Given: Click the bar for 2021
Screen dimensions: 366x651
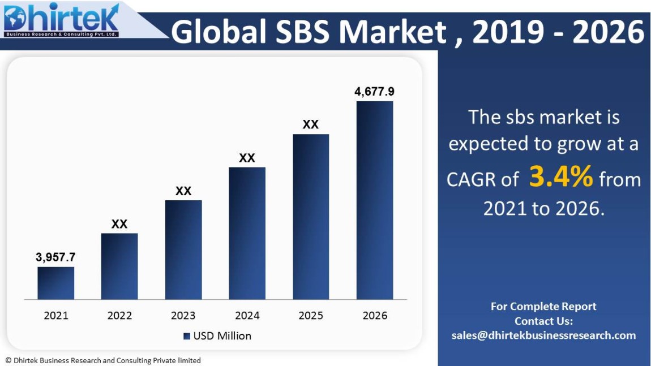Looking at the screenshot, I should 55,283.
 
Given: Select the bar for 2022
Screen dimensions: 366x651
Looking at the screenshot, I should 119,266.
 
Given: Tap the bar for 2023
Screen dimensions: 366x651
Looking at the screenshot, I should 183,249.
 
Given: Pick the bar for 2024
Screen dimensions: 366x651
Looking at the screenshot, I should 247,233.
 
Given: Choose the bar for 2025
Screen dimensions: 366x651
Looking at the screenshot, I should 311,217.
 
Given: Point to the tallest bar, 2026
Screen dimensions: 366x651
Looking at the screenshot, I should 374,200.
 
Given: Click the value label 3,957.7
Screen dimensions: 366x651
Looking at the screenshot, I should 55,257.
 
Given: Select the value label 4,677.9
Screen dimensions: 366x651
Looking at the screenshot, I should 374,92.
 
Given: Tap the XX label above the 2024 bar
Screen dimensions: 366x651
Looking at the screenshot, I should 247,158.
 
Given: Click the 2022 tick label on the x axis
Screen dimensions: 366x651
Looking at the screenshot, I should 119,316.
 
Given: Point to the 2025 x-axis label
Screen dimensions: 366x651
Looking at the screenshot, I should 311,316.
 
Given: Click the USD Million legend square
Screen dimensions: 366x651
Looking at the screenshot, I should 187,336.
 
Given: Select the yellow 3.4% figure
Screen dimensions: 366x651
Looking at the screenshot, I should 561,177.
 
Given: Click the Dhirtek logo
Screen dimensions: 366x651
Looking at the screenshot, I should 61,21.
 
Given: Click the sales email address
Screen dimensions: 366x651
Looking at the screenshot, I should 543,335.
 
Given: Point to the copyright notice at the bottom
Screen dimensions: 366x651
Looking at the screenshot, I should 103,360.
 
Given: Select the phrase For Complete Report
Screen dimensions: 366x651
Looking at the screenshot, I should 543,307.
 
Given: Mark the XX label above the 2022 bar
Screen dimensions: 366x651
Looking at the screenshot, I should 119,224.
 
